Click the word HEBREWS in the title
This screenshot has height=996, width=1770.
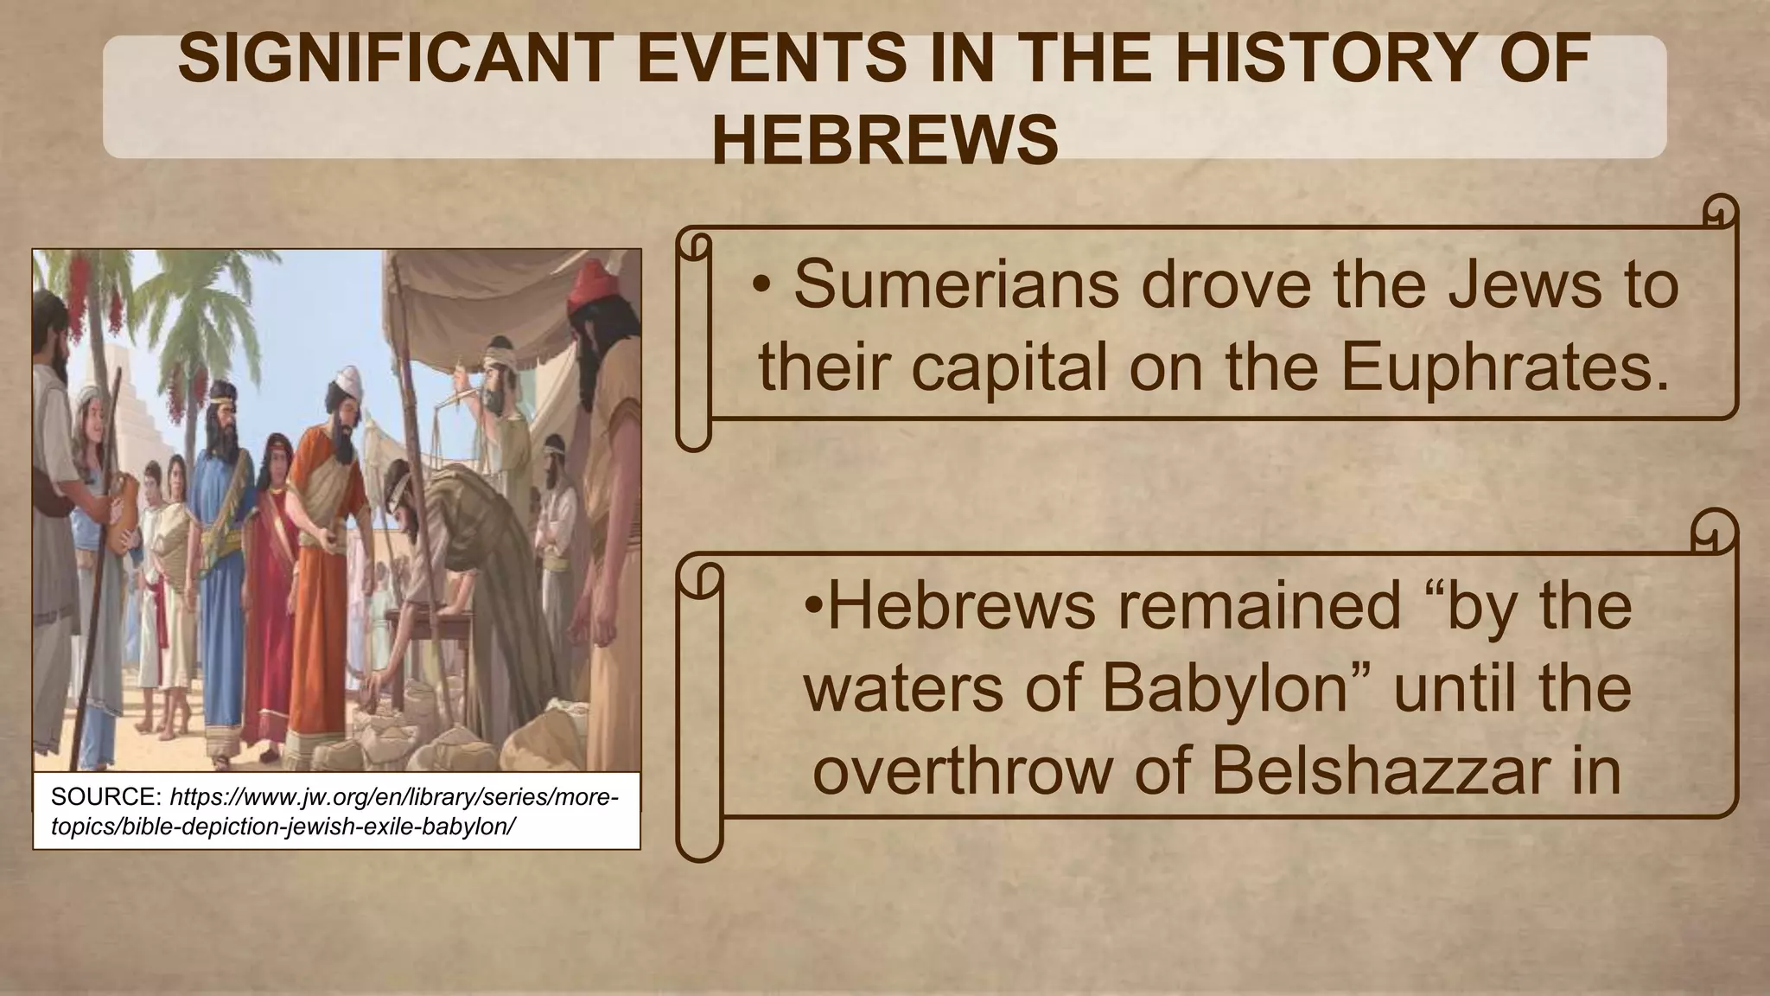tap(885, 141)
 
